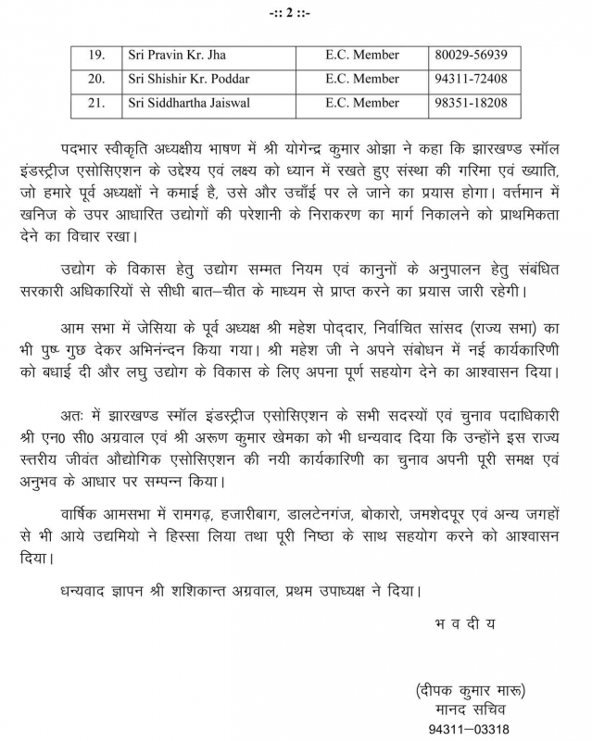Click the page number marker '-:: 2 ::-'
pos(296,13)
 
